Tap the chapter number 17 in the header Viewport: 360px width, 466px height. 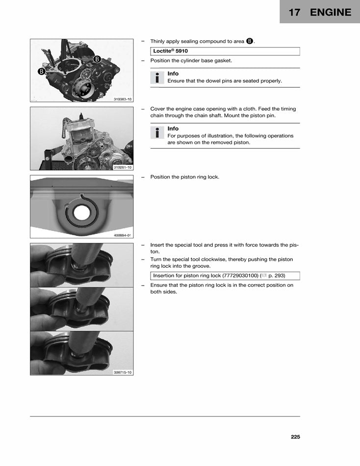point(294,12)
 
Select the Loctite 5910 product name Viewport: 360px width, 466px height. point(170,51)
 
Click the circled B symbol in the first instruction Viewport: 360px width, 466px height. point(249,41)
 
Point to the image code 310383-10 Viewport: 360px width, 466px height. point(123,99)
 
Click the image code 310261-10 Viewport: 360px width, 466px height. point(123,167)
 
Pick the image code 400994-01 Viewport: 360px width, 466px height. point(123,235)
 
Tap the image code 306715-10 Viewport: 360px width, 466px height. point(123,372)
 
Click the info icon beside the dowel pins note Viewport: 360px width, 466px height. point(157,78)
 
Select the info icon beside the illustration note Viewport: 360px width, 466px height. point(157,132)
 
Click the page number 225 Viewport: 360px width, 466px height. point(295,437)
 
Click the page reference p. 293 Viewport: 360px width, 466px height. point(277,276)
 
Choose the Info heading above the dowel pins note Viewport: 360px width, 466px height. point(173,74)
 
